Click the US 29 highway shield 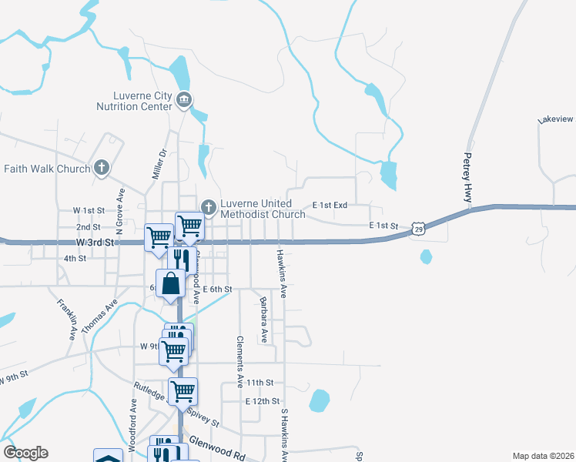[x=417, y=229]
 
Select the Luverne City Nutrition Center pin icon [x=184, y=99]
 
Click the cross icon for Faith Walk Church [x=102, y=169]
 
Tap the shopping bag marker [x=171, y=283]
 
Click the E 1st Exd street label [x=330, y=206]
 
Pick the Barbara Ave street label [x=263, y=320]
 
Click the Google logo [x=25, y=453]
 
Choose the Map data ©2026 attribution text [x=543, y=455]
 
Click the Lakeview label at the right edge [x=556, y=119]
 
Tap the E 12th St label [x=262, y=402]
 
